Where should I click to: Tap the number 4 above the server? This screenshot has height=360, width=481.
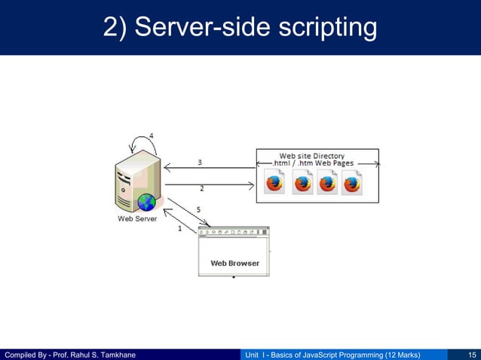[152, 136]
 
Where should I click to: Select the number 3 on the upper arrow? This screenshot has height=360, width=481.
[199, 162]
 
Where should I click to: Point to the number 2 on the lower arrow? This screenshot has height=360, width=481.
[201, 188]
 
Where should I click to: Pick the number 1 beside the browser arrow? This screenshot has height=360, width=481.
[179, 228]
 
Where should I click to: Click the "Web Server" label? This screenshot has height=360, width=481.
[137, 219]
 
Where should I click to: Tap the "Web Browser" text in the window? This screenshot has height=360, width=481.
[234, 264]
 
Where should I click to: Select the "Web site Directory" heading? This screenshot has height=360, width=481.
[312, 156]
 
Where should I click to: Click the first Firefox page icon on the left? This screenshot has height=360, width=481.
[274, 182]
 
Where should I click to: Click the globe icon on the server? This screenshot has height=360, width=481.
[146, 202]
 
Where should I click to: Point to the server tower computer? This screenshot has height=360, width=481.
[136, 178]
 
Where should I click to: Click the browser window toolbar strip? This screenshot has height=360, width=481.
[234, 231]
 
